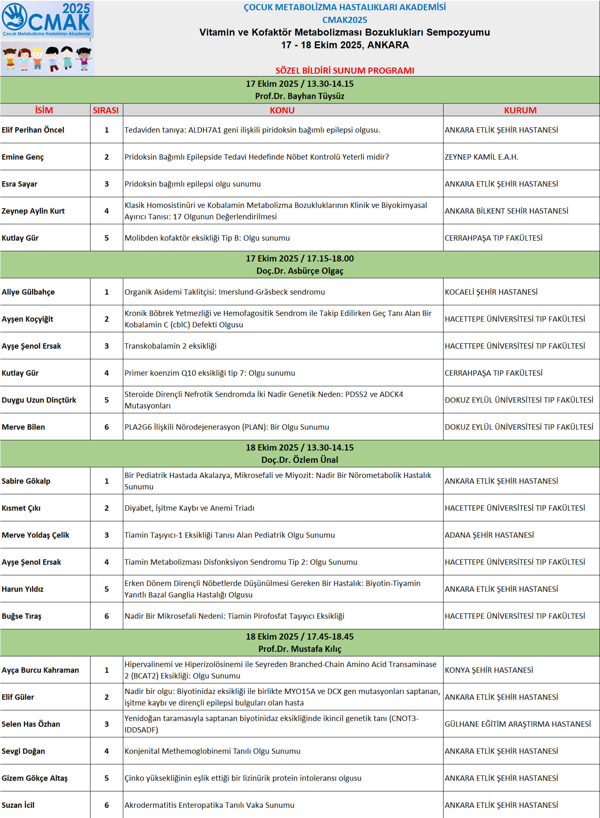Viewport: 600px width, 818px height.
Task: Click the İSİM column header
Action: (44, 110)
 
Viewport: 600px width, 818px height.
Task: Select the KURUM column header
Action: (520, 110)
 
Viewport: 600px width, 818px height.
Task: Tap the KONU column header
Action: (282, 110)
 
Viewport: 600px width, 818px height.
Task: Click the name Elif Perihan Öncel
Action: (33, 130)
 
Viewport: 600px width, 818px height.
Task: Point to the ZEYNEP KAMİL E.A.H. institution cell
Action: (482, 157)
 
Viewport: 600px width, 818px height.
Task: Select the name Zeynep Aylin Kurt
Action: (33, 211)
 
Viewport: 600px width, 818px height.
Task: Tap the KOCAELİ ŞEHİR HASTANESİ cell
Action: (491, 292)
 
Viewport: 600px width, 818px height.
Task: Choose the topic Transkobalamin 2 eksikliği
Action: (170, 346)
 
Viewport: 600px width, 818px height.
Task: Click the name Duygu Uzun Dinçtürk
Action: (39, 400)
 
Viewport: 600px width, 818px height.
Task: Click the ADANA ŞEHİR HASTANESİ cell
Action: (489, 535)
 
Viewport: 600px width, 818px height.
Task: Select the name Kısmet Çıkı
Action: (21, 508)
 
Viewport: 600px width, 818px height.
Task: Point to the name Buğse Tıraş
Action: (22, 616)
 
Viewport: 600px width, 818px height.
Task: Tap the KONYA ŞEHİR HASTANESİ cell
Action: (489, 670)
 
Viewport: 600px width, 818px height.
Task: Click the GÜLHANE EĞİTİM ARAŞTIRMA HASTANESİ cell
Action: (518, 724)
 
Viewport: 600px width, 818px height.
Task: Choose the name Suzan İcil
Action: (18, 805)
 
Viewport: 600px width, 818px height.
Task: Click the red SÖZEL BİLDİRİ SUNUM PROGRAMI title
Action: (344, 70)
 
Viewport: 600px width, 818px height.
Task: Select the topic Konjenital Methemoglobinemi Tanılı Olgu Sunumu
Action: (213, 751)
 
